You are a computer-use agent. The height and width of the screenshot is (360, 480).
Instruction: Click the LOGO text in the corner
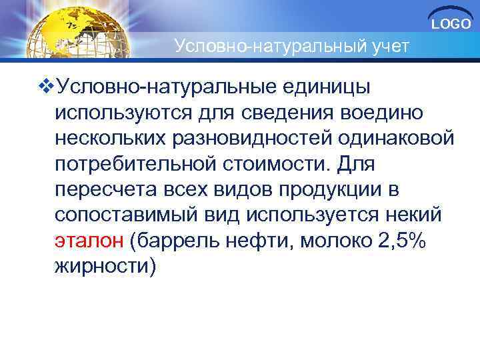point(451,25)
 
